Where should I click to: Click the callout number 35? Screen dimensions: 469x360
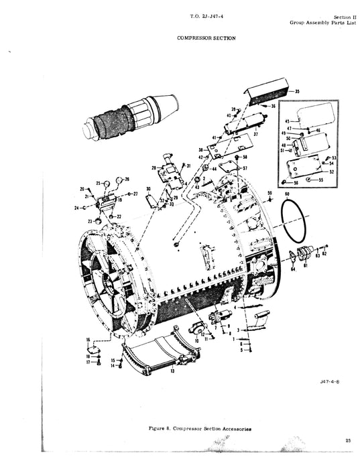tap(297, 90)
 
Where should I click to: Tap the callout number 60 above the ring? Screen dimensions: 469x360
tap(288, 194)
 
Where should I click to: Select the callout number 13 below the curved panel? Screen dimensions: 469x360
tap(172, 370)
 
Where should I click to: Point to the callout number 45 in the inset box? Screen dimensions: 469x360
tap(286, 121)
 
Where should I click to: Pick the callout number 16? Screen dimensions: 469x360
tap(88, 341)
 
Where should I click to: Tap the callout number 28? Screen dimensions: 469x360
tap(154, 167)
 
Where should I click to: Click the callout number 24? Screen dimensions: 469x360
tap(78, 208)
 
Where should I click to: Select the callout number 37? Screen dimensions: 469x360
tap(255, 133)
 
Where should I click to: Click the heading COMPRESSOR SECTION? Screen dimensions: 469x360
tap(206, 38)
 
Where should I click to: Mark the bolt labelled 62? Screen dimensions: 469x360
tap(320, 253)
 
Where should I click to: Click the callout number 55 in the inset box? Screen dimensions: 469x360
tap(320, 180)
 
